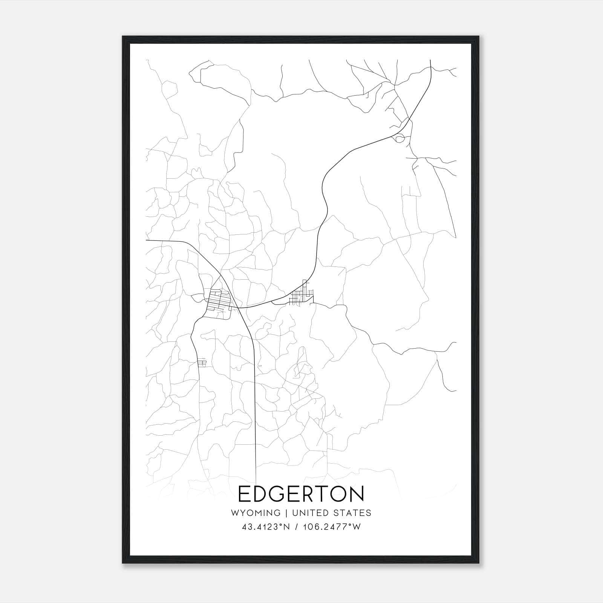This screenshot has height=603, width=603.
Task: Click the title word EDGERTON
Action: [x=301, y=494]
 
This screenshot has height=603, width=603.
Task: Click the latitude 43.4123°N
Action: [x=266, y=527]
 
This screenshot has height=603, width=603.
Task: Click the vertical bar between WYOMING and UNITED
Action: [x=286, y=513]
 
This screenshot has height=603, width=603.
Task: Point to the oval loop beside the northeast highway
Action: [x=399, y=139]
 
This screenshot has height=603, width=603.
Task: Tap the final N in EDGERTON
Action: [x=358, y=494]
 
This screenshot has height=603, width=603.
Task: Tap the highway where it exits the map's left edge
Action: [x=147, y=240]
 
